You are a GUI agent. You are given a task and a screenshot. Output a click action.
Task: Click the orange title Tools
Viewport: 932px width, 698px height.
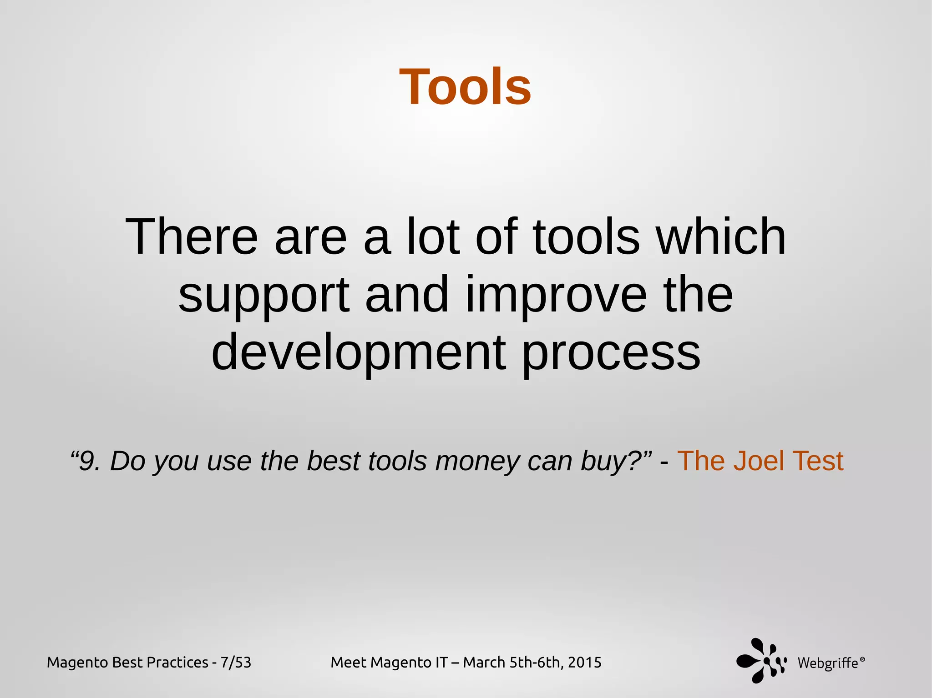coord(465,86)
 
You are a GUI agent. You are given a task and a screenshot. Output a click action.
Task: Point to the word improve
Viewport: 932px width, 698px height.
coord(556,296)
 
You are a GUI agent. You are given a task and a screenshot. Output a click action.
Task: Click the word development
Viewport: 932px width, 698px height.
coord(359,353)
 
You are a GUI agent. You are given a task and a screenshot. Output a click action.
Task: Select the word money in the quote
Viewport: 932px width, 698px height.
coord(477,461)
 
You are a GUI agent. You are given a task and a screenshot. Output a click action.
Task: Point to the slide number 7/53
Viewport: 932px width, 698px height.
coord(236,663)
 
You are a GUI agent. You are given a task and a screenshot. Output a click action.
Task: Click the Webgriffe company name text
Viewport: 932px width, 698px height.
coord(828,663)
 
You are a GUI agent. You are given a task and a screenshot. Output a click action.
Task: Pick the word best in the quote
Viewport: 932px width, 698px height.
coord(335,461)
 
